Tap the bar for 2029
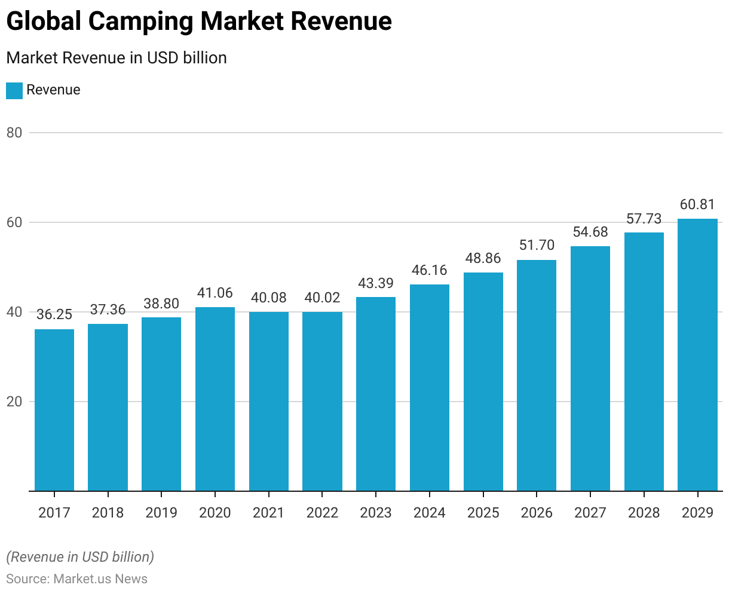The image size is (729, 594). coord(697,355)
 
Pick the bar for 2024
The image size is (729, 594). coord(430,388)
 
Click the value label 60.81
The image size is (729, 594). coord(697,205)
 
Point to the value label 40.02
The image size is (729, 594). coord(322,298)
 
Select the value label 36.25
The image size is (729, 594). coord(54,315)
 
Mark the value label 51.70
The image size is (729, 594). coord(537,246)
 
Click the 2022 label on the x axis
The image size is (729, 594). coord(322,513)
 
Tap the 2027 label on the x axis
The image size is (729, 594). coord(590,513)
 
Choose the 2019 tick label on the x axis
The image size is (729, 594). coord(161,513)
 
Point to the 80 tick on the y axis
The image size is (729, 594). coord(14,133)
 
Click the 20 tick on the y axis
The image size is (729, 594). coord(14,402)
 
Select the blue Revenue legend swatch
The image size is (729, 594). coord(14,90)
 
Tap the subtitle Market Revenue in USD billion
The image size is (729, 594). coord(117,58)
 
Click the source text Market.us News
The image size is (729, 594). coord(100,579)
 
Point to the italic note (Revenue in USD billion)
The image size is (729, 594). coord(80,557)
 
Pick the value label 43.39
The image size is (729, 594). coord(376,283)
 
